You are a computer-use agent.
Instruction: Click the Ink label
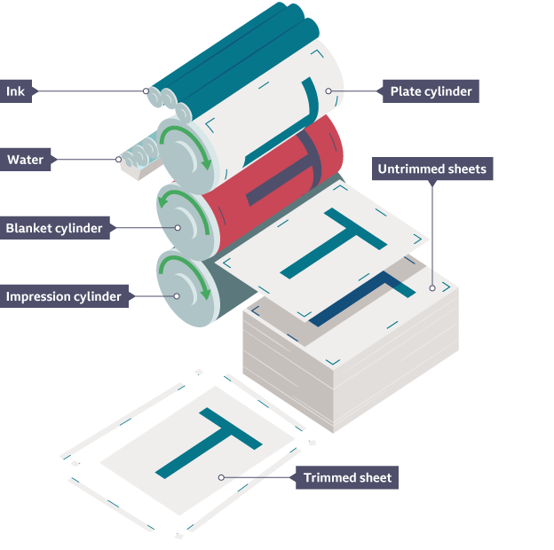tap(15, 91)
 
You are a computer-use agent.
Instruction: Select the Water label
tap(26, 161)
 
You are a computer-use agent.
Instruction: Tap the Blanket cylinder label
tap(54, 228)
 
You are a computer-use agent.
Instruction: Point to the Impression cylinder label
tap(63, 296)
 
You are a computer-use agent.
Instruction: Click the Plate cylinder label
tap(430, 91)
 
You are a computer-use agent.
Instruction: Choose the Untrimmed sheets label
tap(431, 169)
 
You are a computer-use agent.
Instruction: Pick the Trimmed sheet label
tap(347, 477)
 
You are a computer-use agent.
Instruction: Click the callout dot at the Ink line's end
tap(146, 90)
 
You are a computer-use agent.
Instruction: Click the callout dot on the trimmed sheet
tap(221, 477)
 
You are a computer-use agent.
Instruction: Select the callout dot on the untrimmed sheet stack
tap(432, 287)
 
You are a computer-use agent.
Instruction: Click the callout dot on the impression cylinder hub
tap(177, 296)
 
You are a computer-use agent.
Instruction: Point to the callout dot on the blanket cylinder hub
tap(178, 228)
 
